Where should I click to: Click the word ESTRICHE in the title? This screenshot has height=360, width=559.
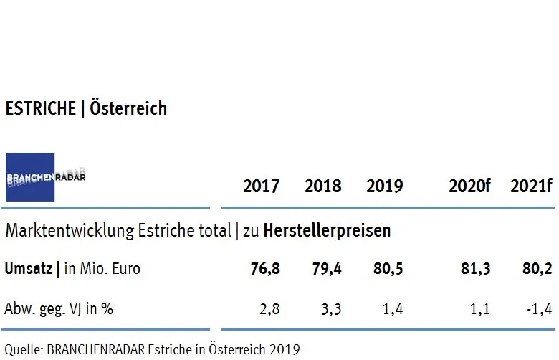tap(40, 108)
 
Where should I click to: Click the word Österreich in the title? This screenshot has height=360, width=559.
tap(128, 108)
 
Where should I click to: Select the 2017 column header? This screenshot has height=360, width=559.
tap(262, 186)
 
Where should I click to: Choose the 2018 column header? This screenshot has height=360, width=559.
tap(322, 186)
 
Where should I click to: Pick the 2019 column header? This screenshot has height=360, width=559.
tap(384, 186)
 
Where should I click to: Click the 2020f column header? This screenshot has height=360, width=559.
tap(469, 186)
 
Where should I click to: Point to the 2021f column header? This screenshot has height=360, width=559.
tap(531, 186)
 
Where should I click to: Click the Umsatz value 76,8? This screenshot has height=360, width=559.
tap(264, 269)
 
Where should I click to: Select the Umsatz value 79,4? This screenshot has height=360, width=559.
tap(326, 269)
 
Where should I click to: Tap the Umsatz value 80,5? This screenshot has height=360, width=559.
tap(388, 269)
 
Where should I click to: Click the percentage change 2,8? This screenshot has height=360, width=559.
tap(269, 310)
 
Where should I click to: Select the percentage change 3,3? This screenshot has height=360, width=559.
tap(331, 310)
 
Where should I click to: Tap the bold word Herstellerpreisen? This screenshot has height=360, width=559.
tap(327, 231)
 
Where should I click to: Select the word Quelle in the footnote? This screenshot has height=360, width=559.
tap(21, 349)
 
